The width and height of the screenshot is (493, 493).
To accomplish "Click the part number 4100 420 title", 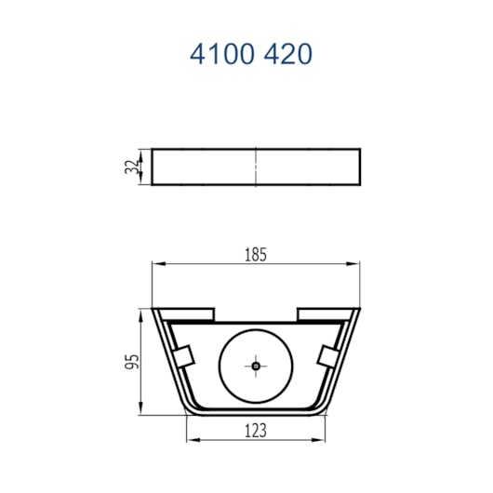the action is [x=251, y=54].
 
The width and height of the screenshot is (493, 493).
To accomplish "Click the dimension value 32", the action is [x=131, y=167].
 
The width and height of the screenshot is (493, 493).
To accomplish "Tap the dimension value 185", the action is [x=256, y=255].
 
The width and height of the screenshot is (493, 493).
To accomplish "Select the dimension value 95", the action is [x=132, y=362].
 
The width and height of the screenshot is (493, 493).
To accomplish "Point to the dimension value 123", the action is [x=256, y=431].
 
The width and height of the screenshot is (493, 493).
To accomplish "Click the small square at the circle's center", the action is [x=256, y=366].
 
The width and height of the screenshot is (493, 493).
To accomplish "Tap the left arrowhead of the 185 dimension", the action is [x=158, y=263].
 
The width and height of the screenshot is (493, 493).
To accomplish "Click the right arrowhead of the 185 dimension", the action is [x=353, y=263].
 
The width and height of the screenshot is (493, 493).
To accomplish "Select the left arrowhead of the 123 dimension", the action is [x=193, y=440].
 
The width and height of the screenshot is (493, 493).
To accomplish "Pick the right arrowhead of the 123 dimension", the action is [x=318, y=440].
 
